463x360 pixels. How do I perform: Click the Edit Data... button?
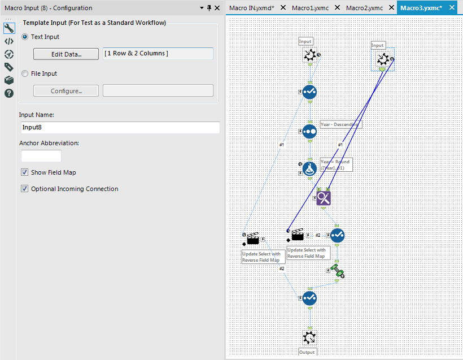click(66, 54)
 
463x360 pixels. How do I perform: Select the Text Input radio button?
click(25, 37)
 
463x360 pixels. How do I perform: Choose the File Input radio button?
click(25, 73)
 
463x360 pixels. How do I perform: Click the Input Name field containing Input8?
click(119, 128)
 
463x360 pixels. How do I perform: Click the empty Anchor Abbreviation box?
click(41, 156)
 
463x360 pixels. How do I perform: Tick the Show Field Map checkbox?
click(24, 172)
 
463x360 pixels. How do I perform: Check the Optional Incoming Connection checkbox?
click(24, 189)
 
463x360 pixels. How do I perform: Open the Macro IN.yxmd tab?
click(252, 8)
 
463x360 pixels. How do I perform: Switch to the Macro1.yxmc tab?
click(310, 8)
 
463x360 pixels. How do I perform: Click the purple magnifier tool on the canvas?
click(324, 198)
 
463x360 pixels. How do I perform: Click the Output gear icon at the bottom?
click(309, 337)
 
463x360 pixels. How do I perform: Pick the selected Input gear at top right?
click(383, 59)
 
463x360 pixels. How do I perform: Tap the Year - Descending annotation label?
click(339, 124)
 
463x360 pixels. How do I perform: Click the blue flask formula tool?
click(309, 168)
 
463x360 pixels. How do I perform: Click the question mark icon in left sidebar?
click(9, 93)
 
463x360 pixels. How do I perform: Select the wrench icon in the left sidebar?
click(9, 28)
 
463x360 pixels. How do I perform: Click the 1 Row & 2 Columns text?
click(136, 53)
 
